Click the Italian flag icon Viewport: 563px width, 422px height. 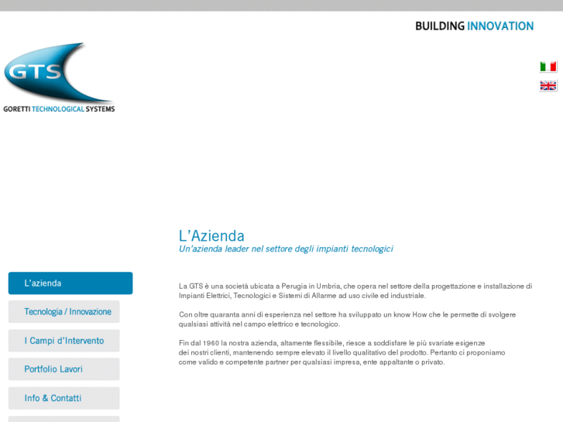(x=548, y=67)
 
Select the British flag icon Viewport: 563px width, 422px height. (x=548, y=86)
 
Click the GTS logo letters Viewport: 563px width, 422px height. (x=33, y=71)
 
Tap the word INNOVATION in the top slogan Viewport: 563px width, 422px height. (x=500, y=26)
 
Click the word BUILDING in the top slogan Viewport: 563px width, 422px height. (x=440, y=26)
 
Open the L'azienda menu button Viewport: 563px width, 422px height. (x=70, y=283)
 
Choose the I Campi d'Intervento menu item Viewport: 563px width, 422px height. (x=64, y=341)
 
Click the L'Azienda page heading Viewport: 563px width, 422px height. (x=211, y=236)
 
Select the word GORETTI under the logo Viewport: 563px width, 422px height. (x=16, y=109)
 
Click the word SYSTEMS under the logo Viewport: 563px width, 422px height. (x=100, y=109)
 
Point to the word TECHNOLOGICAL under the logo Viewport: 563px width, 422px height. (x=58, y=109)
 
